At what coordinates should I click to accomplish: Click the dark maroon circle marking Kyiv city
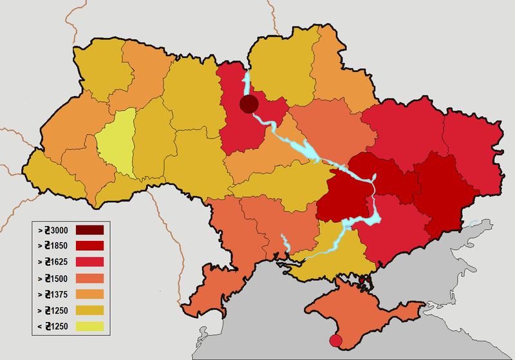pyautogui.click(x=248, y=104)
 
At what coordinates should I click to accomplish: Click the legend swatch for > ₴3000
pyautogui.click(x=89, y=229)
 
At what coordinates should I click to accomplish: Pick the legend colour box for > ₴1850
pyautogui.click(x=89, y=246)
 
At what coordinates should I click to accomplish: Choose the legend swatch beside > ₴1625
pyautogui.click(x=89, y=263)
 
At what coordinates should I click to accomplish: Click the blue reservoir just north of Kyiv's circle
pyautogui.click(x=245, y=84)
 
